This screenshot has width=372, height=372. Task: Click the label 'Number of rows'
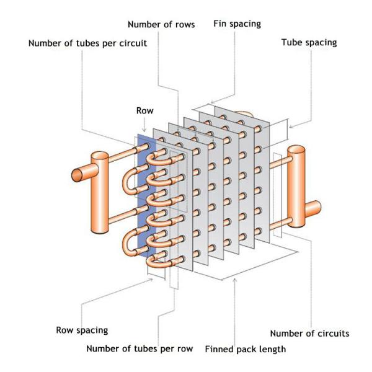tap(161, 24)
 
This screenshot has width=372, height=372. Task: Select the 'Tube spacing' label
tap(309, 43)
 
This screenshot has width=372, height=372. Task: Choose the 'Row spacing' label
tap(82, 330)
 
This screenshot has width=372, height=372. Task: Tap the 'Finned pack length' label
tap(246, 348)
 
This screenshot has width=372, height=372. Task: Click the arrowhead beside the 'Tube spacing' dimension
tap(291, 126)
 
